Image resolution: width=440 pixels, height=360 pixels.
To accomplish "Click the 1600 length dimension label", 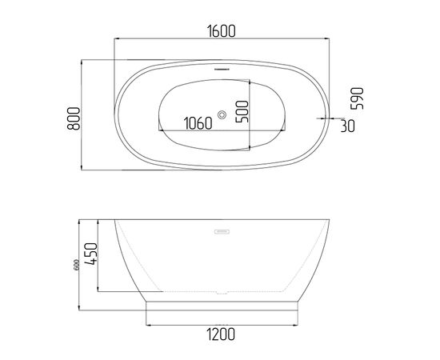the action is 222,31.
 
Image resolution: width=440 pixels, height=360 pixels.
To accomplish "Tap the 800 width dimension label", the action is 74,118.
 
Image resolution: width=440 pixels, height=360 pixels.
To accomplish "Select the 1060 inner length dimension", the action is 198,123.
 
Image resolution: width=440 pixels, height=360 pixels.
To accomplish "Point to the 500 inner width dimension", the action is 242,111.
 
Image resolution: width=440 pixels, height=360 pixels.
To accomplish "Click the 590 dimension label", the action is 358,98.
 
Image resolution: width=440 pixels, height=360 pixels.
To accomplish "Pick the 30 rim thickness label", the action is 347,126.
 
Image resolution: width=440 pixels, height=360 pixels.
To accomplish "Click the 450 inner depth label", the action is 91,254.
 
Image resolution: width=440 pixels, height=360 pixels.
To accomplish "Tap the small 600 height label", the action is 76,265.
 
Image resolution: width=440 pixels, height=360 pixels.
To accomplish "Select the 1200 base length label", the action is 221,334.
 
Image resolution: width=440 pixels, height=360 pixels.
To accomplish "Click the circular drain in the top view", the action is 222,114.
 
